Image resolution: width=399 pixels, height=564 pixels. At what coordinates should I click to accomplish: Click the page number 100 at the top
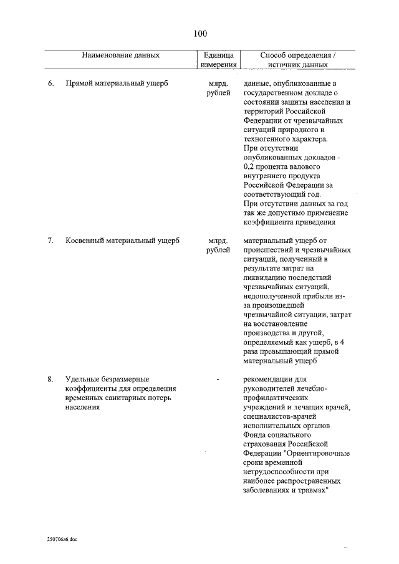click(199, 33)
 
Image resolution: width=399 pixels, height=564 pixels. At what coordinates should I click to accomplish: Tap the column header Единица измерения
click(218, 59)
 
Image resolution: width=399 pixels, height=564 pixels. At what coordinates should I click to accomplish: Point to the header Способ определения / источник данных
click(297, 59)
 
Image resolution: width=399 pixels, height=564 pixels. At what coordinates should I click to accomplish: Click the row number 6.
click(50, 83)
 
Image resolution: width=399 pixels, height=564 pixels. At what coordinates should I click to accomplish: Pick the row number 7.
click(50, 241)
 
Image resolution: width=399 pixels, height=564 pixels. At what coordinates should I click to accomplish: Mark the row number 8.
click(50, 378)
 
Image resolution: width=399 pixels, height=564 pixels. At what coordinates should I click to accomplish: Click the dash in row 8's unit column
click(218, 378)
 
